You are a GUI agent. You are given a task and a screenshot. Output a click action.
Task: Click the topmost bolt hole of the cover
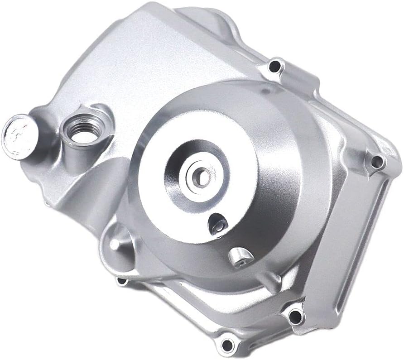tap(275, 67)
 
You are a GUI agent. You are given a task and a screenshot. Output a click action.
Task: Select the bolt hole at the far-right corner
tap(377, 161)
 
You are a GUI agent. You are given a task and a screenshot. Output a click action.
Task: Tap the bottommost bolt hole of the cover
tap(227, 343)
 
